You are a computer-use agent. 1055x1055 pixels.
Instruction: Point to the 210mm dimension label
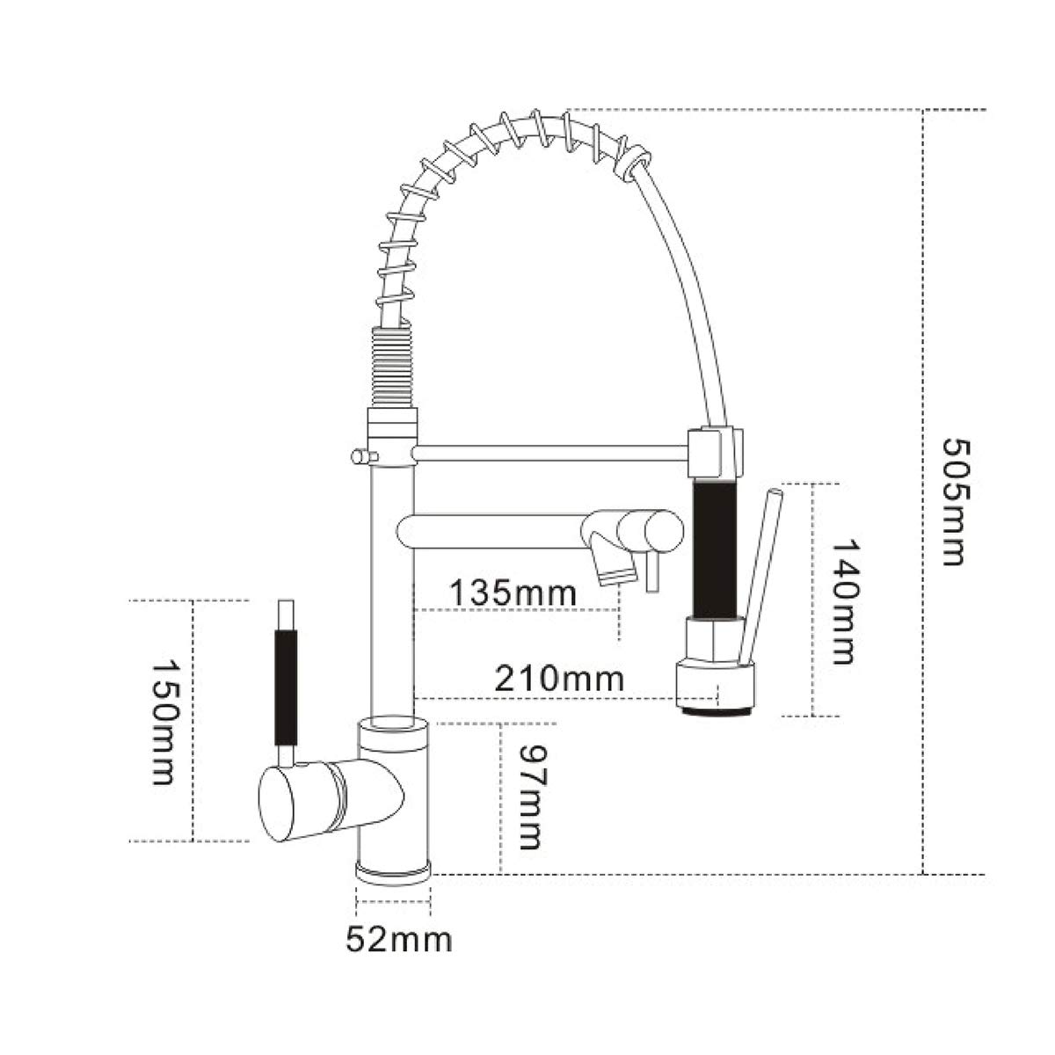point(559,678)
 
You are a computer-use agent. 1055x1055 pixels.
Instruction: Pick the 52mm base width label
point(399,940)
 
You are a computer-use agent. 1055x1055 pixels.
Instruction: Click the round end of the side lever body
point(281,803)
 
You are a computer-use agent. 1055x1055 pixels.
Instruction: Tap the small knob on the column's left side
point(359,455)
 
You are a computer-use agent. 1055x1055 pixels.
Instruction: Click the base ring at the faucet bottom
point(393,871)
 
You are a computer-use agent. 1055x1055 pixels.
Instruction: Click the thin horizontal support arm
point(549,453)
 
